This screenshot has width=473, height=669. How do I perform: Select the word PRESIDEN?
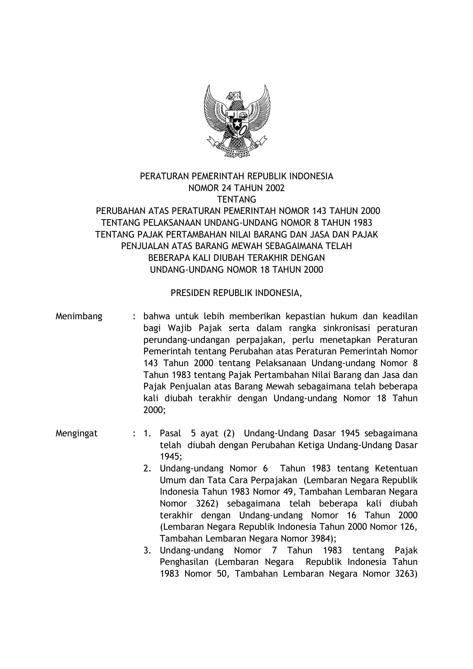click(190, 293)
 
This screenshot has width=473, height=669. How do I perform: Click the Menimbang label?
click(79, 317)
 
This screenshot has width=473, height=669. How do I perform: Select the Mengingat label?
click(77, 434)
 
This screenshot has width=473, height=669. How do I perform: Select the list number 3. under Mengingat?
click(147, 551)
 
